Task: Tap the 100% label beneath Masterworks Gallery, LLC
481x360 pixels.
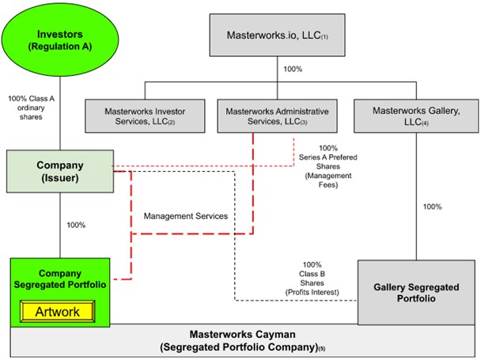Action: (x=432, y=206)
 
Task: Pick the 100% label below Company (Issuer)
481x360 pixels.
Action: (x=75, y=225)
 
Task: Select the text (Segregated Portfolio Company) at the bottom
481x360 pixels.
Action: (x=237, y=347)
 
